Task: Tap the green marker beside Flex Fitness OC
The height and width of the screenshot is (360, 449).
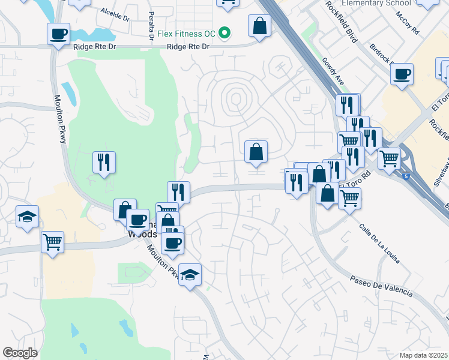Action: tap(225, 32)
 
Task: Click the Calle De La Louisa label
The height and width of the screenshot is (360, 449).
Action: tap(379, 244)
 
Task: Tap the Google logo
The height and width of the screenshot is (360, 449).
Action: tap(20, 353)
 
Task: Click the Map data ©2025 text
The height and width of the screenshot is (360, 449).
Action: tap(423, 355)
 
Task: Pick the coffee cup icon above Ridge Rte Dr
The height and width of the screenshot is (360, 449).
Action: tap(59, 34)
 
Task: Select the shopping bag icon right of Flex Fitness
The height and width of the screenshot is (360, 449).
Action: tap(259, 26)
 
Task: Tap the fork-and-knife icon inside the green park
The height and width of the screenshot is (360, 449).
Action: tap(104, 161)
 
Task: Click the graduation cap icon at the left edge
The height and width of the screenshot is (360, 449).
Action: tap(27, 216)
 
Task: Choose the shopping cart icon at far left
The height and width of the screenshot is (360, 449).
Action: tap(52, 242)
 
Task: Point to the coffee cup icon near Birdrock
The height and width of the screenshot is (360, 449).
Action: tap(401, 74)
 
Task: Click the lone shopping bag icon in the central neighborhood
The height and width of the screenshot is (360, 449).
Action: tap(256, 152)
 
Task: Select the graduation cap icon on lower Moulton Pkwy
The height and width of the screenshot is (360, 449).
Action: tap(190, 275)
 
